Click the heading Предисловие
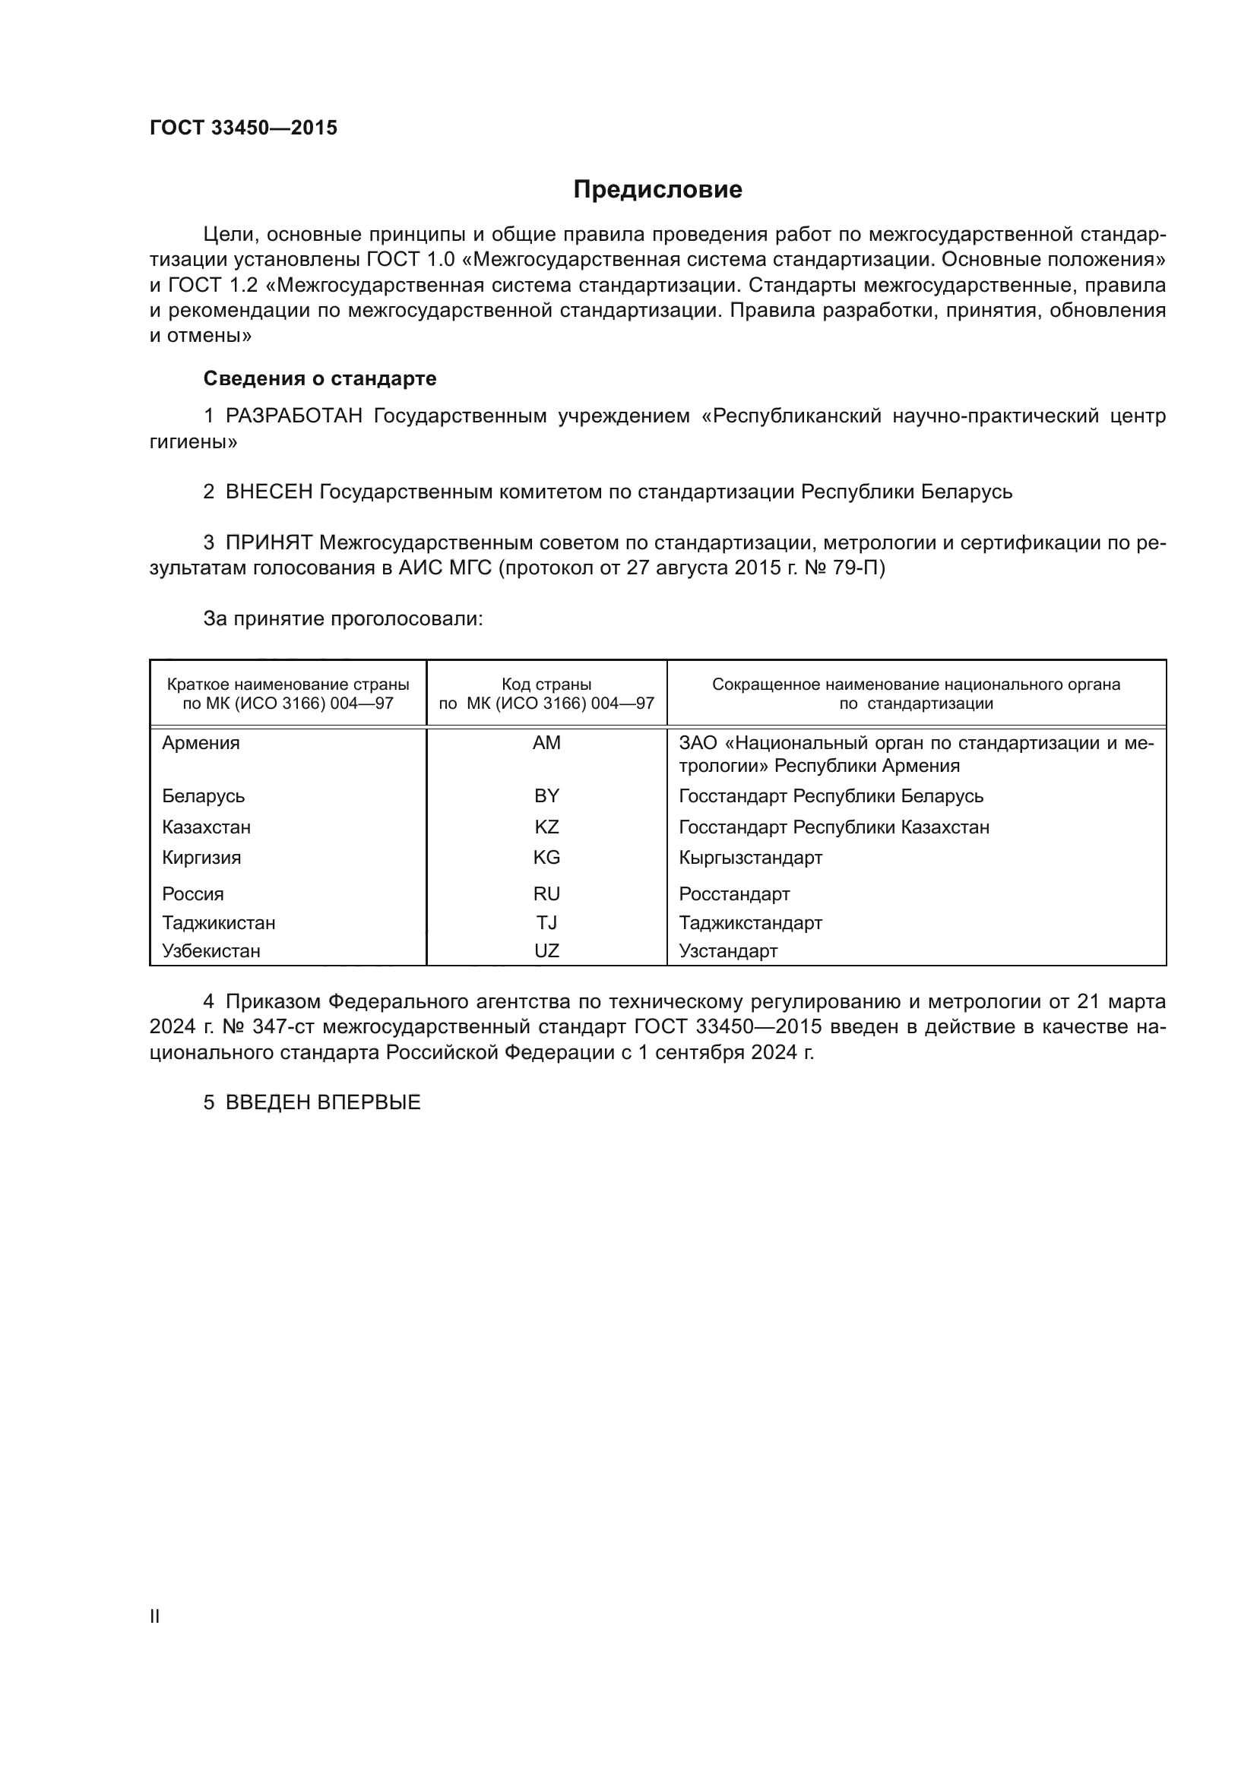[x=657, y=190]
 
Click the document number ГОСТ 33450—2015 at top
[x=243, y=128]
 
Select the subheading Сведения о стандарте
[x=319, y=378]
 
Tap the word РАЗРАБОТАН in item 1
[x=293, y=416]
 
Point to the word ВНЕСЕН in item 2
[x=268, y=492]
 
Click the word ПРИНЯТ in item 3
[x=268, y=543]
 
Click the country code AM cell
[x=546, y=743]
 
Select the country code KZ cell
[x=546, y=827]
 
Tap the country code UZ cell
[x=546, y=951]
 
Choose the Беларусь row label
[x=203, y=796]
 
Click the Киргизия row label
[x=201, y=858]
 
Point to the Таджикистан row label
[x=218, y=923]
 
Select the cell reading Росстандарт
[x=734, y=895]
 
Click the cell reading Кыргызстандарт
[x=750, y=858]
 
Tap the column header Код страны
[x=546, y=685]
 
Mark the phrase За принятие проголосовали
[x=343, y=619]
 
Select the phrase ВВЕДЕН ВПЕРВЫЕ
[x=322, y=1103]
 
